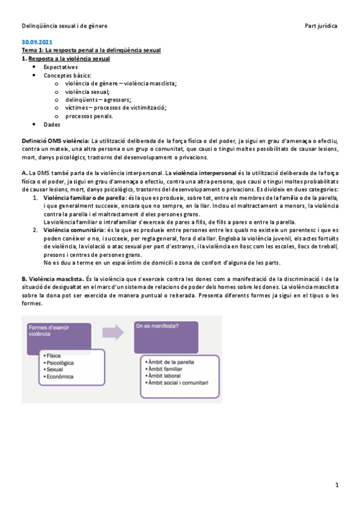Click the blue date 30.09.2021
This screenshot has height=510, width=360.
point(37,43)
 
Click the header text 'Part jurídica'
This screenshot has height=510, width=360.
point(322,26)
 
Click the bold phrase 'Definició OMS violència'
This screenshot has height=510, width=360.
point(55,140)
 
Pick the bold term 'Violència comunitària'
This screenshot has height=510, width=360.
point(72,230)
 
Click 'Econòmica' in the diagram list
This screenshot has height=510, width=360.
point(60,376)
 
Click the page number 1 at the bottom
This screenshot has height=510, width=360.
point(338,485)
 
